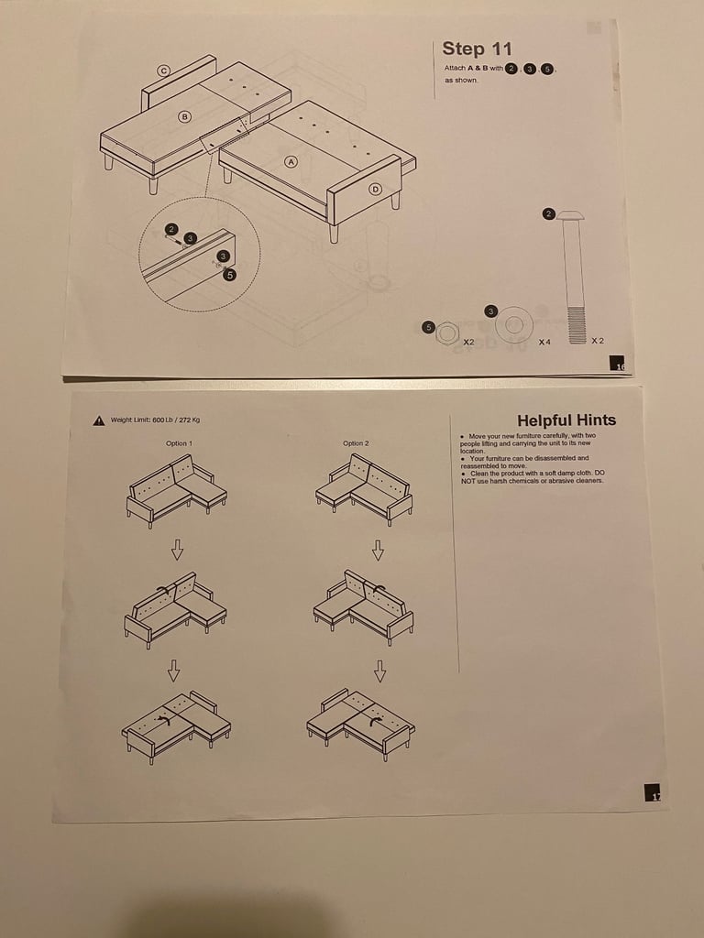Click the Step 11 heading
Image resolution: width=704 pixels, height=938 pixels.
477,49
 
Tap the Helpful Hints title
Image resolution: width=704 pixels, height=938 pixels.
566,420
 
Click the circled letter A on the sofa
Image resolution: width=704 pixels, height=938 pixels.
291,161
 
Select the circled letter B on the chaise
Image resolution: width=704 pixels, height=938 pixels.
184,116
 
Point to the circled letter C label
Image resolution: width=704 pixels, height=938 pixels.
164,71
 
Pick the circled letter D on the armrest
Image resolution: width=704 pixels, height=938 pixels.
374,190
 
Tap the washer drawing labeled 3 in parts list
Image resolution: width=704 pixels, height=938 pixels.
514,325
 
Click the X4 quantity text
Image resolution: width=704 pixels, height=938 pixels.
544,342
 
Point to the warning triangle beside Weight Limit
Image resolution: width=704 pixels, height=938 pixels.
98,421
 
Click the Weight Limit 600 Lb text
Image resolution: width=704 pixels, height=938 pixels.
155,420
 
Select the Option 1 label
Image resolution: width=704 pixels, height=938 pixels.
178,443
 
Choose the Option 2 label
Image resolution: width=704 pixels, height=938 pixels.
356,443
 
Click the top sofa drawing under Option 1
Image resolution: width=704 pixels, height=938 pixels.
175,490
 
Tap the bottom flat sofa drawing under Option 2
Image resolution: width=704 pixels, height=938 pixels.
360,723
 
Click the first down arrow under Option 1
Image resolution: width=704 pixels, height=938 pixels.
177,550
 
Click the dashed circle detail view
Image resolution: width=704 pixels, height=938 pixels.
199,254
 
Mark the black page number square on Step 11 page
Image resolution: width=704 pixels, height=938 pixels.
620,365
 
